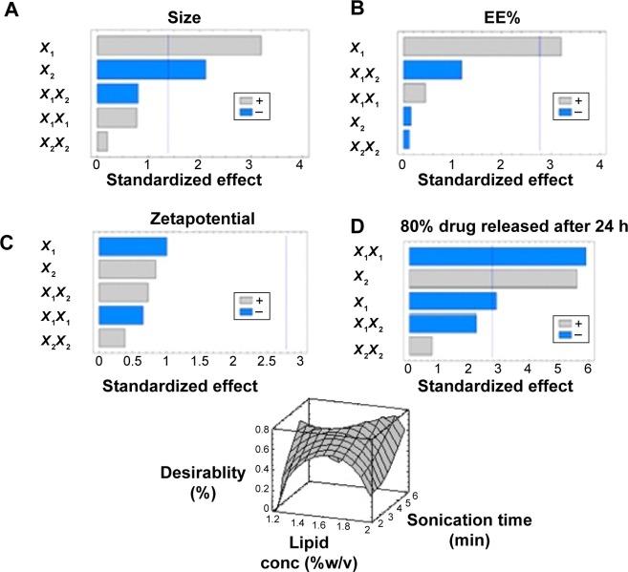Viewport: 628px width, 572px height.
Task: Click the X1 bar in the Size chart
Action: coord(179,45)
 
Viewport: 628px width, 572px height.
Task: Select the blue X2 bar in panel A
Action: coord(151,69)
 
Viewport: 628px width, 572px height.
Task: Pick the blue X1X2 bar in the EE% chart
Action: coord(432,69)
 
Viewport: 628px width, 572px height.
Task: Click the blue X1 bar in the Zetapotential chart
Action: coord(133,246)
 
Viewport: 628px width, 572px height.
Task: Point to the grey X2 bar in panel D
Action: coord(492,278)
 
